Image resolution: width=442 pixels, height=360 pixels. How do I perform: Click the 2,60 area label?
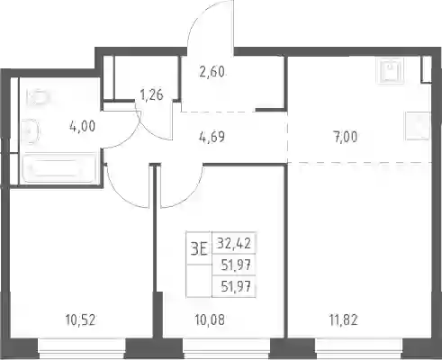tap(212, 72)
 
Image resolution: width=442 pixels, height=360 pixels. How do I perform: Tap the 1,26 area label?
tap(152, 94)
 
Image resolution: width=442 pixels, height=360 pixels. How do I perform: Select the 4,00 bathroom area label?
tap(82, 126)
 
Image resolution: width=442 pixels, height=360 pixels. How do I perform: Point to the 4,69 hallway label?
tap(212, 137)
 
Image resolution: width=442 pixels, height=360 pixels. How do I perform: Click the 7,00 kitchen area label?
tap(345, 137)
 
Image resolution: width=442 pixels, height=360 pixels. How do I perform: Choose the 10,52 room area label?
tap(80, 320)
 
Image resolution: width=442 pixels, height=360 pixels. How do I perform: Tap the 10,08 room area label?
tap(210, 320)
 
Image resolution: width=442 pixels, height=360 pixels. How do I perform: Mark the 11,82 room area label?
tap(343, 320)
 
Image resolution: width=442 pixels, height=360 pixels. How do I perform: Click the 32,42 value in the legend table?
tap(234, 243)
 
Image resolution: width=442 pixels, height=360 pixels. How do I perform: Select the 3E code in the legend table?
tap(199, 249)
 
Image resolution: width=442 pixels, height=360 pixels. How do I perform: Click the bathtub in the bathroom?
tap(59, 168)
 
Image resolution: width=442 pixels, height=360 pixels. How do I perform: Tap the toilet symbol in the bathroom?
tap(37, 96)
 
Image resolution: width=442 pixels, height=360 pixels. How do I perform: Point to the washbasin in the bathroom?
tap(31, 131)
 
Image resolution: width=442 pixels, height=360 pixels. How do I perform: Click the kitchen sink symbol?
tap(390, 70)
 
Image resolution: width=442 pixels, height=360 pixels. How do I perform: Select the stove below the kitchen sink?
tap(418, 126)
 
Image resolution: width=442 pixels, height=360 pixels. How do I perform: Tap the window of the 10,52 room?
tap(82, 348)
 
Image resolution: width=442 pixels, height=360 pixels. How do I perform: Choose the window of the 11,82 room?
tap(358, 348)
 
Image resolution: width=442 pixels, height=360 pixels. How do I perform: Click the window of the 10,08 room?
tap(227, 348)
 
